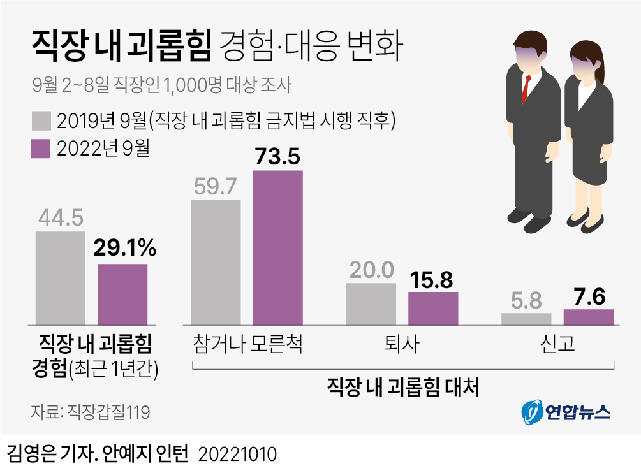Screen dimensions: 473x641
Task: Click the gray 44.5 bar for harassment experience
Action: [60, 278]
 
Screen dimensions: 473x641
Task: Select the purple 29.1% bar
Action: [122, 294]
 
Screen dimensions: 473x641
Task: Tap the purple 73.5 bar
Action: [277, 247]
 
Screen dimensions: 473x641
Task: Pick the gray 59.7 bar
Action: [216, 262]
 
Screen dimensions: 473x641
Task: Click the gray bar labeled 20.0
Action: [371, 304]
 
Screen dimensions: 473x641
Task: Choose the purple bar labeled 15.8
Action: [433, 309]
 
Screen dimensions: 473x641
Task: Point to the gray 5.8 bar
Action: [526, 319]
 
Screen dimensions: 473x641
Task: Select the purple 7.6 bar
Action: [588, 317]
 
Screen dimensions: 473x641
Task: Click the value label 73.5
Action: [277, 156]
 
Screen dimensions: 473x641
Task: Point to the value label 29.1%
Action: [124, 248]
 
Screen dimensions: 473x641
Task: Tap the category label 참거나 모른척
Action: [247, 344]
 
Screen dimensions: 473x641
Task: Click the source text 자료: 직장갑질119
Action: [90, 412]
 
